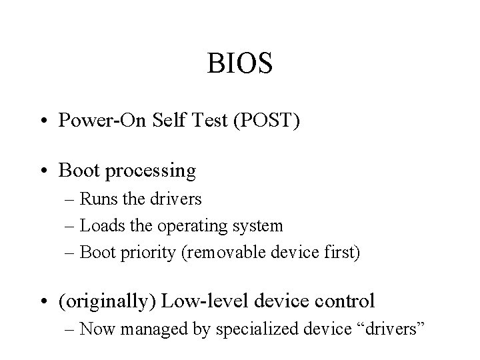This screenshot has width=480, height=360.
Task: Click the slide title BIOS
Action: (239, 65)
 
